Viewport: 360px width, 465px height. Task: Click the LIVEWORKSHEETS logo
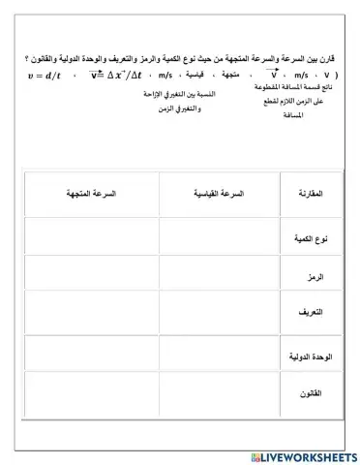pyautogui.click(x=302, y=455)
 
